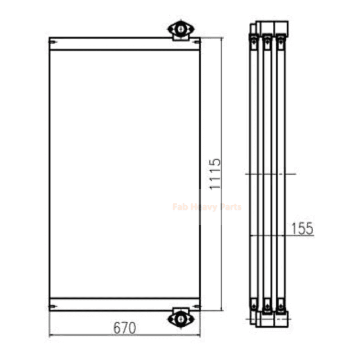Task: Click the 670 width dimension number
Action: coord(125,328)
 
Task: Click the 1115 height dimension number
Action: coord(215,174)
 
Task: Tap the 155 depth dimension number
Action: coord(302,229)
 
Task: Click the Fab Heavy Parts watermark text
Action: coord(207,207)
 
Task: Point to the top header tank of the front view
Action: coord(125,43)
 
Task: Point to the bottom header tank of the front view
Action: coord(125,304)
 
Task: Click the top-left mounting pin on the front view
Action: coord(53,42)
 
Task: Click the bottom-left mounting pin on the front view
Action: coord(53,306)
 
